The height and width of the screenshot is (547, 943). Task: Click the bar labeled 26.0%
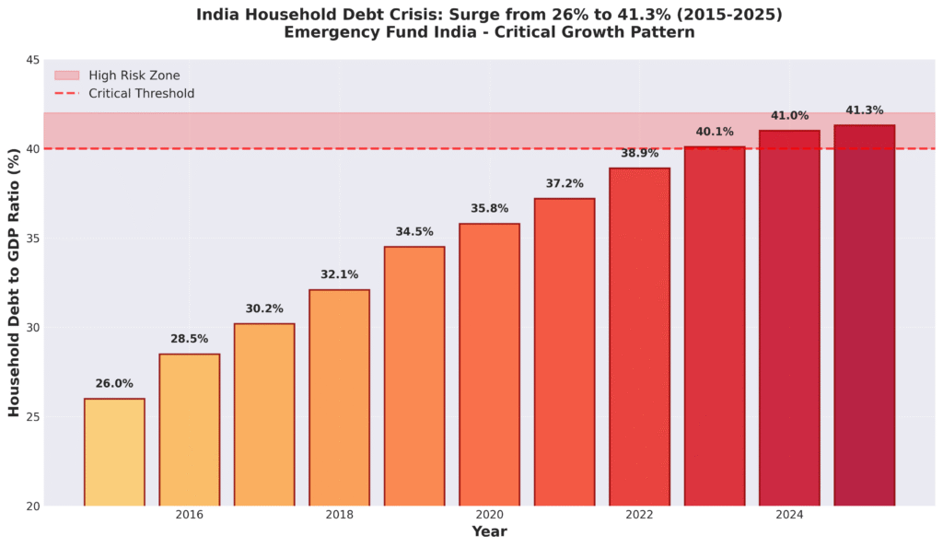pos(114,451)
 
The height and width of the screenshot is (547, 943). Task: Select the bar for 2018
pos(339,396)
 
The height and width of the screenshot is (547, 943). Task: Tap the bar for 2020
pos(489,364)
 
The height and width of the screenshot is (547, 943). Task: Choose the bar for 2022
pos(639,336)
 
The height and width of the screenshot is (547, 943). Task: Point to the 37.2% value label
pos(565,184)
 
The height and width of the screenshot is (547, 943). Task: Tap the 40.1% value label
pos(714,133)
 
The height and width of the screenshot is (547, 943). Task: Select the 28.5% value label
pos(189,340)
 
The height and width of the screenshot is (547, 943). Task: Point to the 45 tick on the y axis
pos(32,61)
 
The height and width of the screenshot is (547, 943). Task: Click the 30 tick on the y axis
pos(32,328)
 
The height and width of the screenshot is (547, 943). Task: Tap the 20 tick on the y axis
pos(32,506)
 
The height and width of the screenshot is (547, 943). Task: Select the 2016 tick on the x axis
pos(189,515)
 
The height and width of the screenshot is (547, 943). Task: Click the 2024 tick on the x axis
pos(789,515)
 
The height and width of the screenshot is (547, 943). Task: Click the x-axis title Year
pos(489,532)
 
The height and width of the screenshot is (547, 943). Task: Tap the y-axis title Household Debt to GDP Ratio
pos(14,283)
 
